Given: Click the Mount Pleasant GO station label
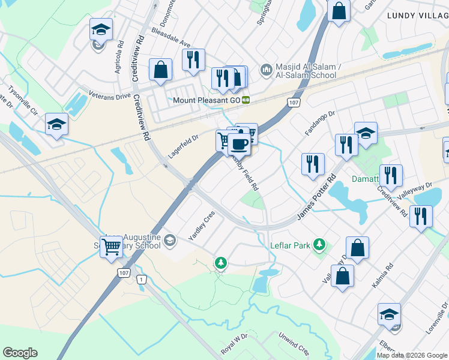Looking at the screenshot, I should pos(206,100).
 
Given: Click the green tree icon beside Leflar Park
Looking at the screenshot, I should pos(321,245).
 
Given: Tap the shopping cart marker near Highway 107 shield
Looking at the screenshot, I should pos(111,246).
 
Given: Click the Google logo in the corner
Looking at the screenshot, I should pos(20,353).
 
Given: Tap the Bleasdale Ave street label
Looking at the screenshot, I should pos(170,37).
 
